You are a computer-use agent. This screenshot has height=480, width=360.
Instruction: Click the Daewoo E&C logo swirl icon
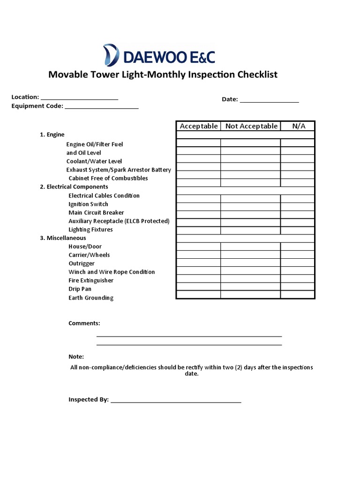(x=111, y=54)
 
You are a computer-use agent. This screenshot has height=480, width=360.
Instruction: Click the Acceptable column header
(x=199, y=126)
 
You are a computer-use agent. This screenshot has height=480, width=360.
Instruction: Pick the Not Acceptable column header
(x=251, y=126)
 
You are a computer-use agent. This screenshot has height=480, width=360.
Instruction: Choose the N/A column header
(x=299, y=126)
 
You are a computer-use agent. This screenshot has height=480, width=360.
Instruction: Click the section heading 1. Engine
(x=52, y=135)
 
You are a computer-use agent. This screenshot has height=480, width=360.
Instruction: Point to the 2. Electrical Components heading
(x=74, y=187)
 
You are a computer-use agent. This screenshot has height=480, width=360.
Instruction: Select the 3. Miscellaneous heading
(x=63, y=238)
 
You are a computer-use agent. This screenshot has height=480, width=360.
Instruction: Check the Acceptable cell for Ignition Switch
(x=198, y=206)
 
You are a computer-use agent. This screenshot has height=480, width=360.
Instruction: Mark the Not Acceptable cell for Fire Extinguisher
(x=250, y=279)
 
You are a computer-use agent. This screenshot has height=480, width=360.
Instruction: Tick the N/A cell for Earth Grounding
(x=298, y=294)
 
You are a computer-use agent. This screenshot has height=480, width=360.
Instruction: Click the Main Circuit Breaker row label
(x=96, y=212)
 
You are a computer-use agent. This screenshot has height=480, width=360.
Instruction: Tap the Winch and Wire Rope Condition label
(x=112, y=272)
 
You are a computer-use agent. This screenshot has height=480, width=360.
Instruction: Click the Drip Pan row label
(x=80, y=289)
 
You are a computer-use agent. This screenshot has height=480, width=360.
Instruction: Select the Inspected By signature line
(x=176, y=401)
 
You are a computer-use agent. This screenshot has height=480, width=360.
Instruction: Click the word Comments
(x=84, y=323)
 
